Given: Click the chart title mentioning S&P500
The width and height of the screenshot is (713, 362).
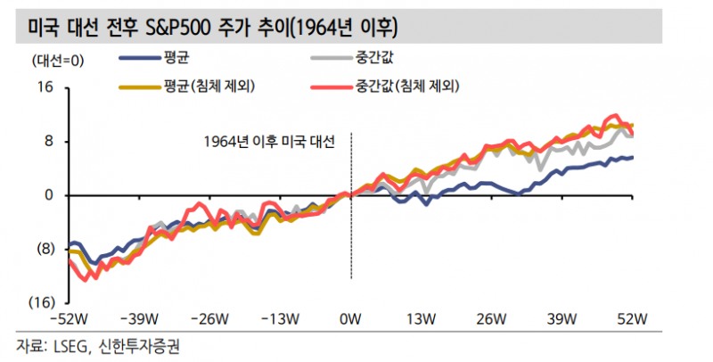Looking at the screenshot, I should (x=207, y=28).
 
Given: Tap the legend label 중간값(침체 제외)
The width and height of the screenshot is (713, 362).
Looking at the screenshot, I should (x=412, y=86).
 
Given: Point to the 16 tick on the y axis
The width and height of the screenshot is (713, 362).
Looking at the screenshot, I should (x=45, y=87).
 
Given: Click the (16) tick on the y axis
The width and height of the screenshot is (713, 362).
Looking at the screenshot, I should (x=42, y=302).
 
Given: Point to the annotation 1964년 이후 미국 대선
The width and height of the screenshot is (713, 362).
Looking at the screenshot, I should (x=267, y=142).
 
